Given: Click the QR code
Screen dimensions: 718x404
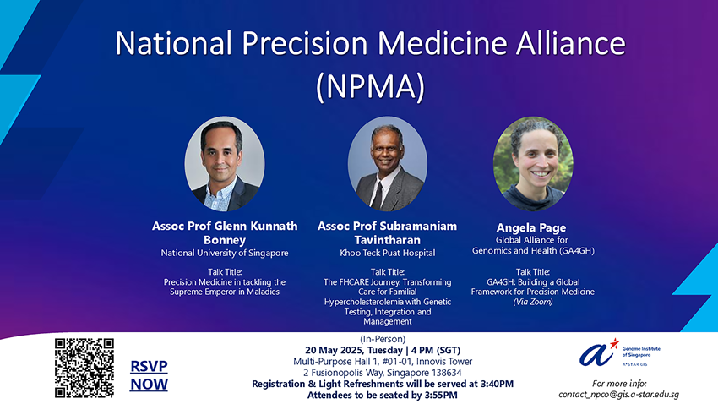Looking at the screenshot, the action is [x=84, y=368].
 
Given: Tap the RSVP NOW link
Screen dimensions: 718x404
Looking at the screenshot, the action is [x=149, y=375].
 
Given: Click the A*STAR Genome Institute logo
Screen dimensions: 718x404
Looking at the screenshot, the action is [x=619, y=352].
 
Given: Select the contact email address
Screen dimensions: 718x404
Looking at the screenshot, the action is [x=618, y=395].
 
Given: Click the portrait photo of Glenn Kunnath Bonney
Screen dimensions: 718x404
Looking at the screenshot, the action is [x=225, y=163].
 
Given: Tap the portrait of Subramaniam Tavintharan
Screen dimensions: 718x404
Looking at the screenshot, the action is [x=388, y=163].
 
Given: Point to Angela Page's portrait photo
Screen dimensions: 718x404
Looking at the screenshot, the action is [x=533, y=163].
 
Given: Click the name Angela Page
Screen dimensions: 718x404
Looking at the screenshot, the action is [x=531, y=227].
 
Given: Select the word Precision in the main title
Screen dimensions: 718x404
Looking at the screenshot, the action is [x=304, y=43].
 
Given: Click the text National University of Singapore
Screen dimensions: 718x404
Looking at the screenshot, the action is [x=225, y=253].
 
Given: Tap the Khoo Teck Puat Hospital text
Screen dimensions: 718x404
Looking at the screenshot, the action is [x=388, y=253].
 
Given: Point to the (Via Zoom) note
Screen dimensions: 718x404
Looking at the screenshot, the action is [x=533, y=302].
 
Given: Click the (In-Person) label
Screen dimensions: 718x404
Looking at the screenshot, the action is [x=383, y=339].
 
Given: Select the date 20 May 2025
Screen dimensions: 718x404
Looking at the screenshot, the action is [x=331, y=351].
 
